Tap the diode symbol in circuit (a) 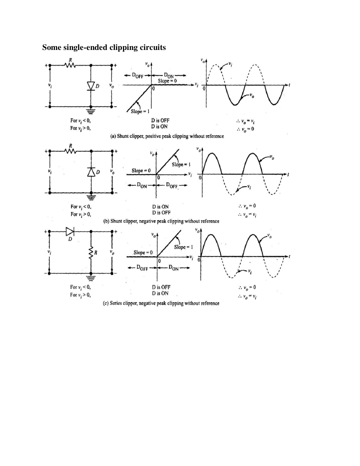(x=91, y=86)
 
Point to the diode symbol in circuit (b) (x=91, y=172)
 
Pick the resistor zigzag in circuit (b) (x=70, y=151)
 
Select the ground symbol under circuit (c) (x=91, y=278)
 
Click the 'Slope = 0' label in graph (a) (x=167, y=81)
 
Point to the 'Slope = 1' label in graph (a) (x=140, y=111)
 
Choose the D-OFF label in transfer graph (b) (x=172, y=185)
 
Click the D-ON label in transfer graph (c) (x=174, y=268)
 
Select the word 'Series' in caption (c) (x=116, y=303)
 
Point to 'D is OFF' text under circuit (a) (x=160, y=121)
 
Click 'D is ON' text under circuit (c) (x=160, y=293)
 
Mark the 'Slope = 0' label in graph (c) (x=143, y=253)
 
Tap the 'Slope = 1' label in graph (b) (x=181, y=165)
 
